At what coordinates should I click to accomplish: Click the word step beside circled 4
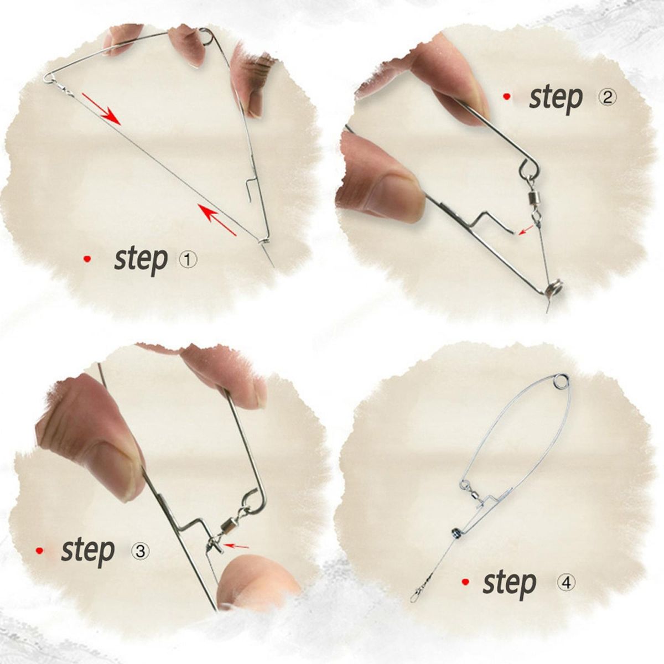[x=510, y=582]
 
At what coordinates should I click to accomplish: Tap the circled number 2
[x=606, y=98]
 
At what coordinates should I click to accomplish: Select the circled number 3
[x=140, y=552]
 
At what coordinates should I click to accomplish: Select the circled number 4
[x=566, y=582]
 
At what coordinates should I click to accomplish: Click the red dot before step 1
[x=87, y=259]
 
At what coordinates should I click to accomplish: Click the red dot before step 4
[x=465, y=582]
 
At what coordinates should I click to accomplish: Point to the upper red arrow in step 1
[x=101, y=108]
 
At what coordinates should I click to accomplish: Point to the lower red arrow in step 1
[x=217, y=220]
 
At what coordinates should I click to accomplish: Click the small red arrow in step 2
[x=526, y=229]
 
